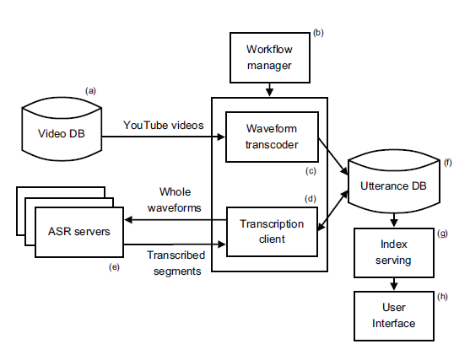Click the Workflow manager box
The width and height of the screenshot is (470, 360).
pyautogui.click(x=270, y=57)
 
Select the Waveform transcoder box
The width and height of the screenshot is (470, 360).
pyautogui.click(x=272, y=137)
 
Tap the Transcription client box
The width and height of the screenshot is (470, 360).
pyautogui.click(x=272, y=232)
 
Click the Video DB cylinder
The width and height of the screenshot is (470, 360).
pyautogui.click(x=62, y=129)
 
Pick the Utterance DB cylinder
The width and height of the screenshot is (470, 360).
pyautogui.click(x=393, y=181)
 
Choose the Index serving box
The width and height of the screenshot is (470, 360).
pyautogui.click(x=394, y=253)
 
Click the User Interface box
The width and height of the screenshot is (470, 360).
pyautogui.click(x=394, y=316)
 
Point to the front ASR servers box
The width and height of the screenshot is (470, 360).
pyautogui.click(x=79, y=232)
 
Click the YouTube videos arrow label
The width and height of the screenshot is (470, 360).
pyautogui.click(x=164, y=125)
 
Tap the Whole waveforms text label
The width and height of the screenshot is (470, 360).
pyautogui.click(x=175, y=200)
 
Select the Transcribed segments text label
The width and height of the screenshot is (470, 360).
pyautogui.click(x=176, y=263)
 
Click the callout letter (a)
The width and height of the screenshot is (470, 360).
pyautogui.click(x=90, y=91)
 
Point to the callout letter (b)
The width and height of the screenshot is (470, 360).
pyautogui.click(x=318, y=33)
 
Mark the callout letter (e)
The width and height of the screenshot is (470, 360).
pyautogui.click(x=114, y=267)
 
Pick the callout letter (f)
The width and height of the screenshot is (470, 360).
pyautogui.click(x=448, y=163)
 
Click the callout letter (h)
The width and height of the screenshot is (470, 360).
pyautogui.click(x=442, y=297)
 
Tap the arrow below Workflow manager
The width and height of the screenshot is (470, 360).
pyautogui.click(x=270, y=90)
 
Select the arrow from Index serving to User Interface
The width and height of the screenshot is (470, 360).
pyautogui.click(x=394, y=284)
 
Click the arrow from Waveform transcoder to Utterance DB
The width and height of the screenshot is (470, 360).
pyautogui.click(x=333, y=156)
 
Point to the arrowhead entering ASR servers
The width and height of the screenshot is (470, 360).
pyautogui.click(x=128, y=220)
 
